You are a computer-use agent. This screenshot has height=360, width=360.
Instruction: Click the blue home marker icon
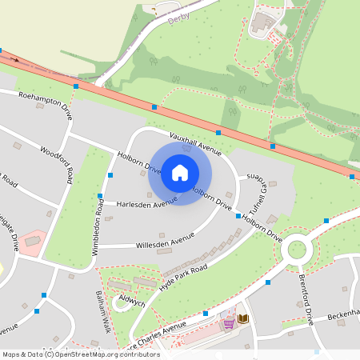click(x=180, y=173)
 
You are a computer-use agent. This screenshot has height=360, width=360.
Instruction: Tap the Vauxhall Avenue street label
click(x=195, y=143)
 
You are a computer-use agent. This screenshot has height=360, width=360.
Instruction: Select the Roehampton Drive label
click(x=46, y=106)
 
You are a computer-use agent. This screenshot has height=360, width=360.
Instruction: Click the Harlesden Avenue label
click(x=146, y=204)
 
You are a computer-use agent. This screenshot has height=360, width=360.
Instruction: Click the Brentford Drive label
click(x=305, y=300)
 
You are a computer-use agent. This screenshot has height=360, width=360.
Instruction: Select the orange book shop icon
click(x=243, y=319)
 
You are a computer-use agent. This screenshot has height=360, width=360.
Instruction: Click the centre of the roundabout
click(x=297, y=249)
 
